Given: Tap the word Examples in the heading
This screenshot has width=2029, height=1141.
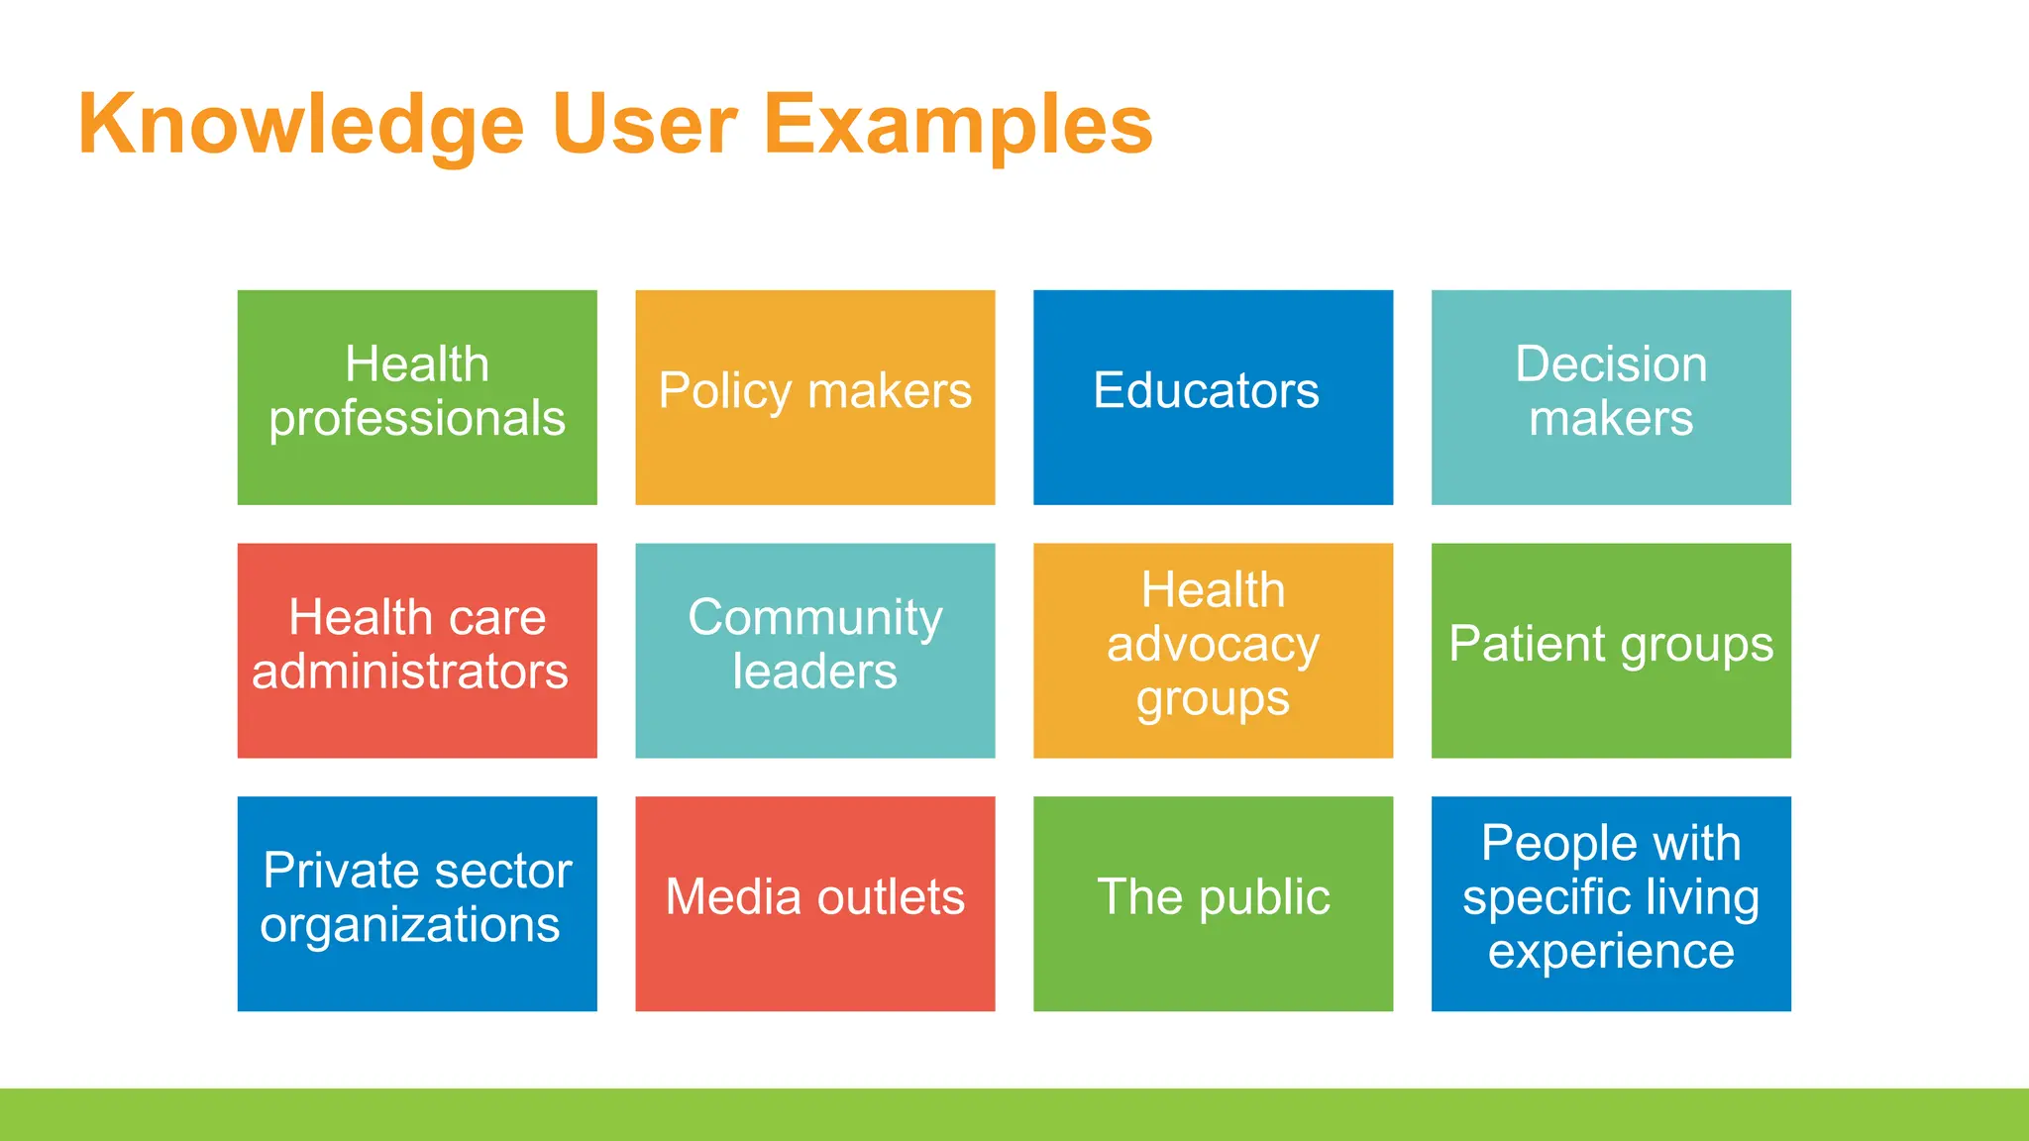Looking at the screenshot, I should click(x=958, y=125).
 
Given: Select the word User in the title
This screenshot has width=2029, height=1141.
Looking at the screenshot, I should click(x=644, y=125).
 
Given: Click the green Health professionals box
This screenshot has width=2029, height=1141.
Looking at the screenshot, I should click(x=417, y=397).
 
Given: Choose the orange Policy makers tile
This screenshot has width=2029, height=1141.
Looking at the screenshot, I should click(x=814, y=397).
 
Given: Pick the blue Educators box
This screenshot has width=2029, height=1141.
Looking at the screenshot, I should click(x=1213, y=397).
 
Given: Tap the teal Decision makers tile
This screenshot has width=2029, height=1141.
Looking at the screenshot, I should click(x=1611, y=397).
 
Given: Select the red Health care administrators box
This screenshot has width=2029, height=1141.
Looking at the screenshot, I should click(x=417, y=650).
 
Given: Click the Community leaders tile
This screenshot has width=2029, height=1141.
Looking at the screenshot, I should click(x=814, y=650).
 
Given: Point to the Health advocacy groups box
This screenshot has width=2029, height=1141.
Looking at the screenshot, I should click(x=1213, y=650).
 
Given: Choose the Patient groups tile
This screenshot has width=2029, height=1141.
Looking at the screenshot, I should click(x=1611, y=650).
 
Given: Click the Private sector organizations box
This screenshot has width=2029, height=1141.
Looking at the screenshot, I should click(x=417, y=903).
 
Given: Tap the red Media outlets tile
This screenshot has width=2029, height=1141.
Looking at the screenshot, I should click(x=814, y=903).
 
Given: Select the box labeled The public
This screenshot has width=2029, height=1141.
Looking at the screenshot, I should click(x=1213, y=903).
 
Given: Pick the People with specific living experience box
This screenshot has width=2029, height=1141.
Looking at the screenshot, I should click(x=1611, y=903).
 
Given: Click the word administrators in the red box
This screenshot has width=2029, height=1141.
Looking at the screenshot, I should click(x=410, y=672).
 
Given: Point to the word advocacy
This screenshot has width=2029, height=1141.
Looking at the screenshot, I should click(x=1213, y=645).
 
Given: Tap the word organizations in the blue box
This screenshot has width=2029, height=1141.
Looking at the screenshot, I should click(x=410, y=925).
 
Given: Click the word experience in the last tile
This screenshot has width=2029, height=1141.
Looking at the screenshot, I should click(x=1611, y=952).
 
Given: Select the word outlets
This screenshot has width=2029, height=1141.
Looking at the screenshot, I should click(x=891, y=897).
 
